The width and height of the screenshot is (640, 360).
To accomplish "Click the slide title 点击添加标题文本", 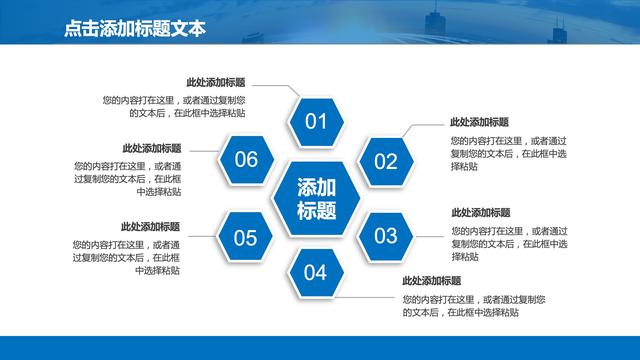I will pos(134,29).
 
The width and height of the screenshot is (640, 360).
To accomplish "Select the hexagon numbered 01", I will pos(316,123).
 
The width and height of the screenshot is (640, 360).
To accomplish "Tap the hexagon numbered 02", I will pos(385,161).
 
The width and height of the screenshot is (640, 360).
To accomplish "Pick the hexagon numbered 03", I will pos(385,236).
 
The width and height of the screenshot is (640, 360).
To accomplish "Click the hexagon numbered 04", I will pos(316,272).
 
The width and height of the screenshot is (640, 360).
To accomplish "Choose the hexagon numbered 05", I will pos(246,236).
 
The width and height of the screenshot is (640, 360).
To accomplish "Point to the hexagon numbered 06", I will pos(246,160).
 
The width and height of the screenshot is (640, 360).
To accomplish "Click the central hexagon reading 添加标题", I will pos(316,198).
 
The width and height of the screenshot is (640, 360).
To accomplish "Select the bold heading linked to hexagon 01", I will pos(216,83).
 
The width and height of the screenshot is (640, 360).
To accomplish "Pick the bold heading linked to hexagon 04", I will pos(431,281).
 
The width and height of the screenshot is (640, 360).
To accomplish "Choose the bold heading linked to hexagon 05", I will pos(151,226).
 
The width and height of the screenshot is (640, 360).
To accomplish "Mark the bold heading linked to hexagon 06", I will pos(151,148).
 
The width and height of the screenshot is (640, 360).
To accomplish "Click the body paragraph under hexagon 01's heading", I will pos(174,106).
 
